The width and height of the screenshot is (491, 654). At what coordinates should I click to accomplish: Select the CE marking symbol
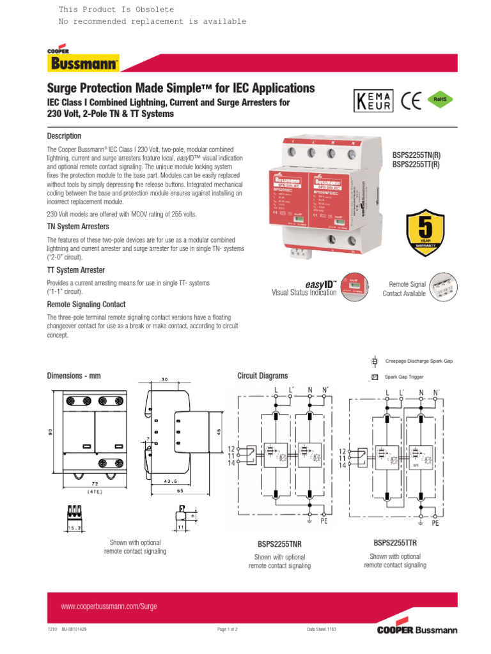pyautogui.click(x=412, y=102)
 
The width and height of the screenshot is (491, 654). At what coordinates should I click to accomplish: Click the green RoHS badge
pyautogui.click(x=440, y=100)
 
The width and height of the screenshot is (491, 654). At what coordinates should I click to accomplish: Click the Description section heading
pyautogui.click(x=64, y=136)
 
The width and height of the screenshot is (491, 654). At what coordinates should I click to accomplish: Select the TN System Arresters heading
pyautogui.click(x=78, y=226)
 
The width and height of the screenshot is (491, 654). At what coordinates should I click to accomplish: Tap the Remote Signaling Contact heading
pyautogui.click(x=86, y=305)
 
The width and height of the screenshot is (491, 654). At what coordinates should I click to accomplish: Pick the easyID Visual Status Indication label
pyautogui.click(x=304, y=287)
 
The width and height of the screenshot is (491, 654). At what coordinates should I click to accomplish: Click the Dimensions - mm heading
pyautogui.click(x=74, y=376)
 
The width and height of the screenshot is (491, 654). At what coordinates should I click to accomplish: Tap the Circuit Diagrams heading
pyautogui.click(x=262, y=376)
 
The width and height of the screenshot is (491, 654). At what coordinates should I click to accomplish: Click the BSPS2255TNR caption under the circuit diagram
pyautogui.click(x=279, y=545)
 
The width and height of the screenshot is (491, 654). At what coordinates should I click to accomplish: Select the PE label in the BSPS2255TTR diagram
pyautogui.click(x=435, y=522)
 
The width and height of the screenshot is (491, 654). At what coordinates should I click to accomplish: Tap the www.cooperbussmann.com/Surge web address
pyautogui.click(x=109, y=606)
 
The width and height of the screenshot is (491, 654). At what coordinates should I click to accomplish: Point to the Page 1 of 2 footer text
pyautogui.click(x=228, y=629)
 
